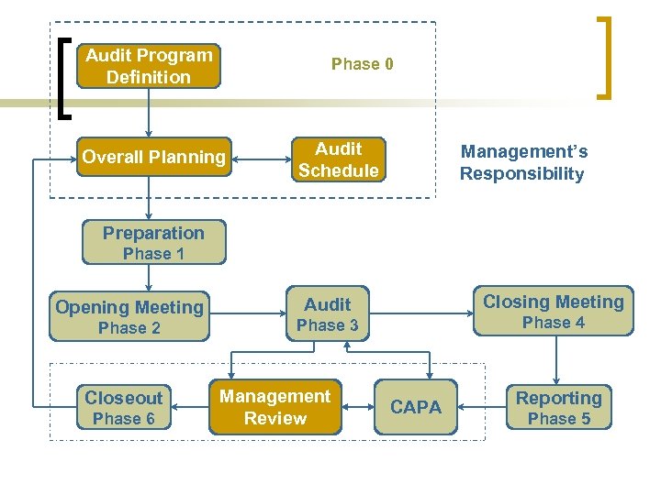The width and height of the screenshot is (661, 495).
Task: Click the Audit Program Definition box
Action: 149,66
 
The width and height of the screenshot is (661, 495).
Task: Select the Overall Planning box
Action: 153,157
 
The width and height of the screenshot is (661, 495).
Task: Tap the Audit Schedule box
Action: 338,159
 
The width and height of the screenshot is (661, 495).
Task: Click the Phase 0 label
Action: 362,64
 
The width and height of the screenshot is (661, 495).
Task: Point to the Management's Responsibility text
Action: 522,163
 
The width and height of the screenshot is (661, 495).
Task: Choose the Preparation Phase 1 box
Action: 153,243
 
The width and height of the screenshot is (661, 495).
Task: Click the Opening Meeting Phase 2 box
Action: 129,317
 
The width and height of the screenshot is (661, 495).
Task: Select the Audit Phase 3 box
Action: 328,314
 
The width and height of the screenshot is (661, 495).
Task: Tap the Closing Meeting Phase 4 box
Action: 553,311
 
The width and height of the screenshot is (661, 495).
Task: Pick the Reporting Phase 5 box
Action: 558,407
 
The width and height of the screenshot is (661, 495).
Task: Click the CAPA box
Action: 415,407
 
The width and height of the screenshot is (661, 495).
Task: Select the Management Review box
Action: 274,407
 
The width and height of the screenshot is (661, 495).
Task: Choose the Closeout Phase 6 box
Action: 123,407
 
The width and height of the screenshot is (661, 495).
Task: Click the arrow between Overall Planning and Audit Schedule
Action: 260,159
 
